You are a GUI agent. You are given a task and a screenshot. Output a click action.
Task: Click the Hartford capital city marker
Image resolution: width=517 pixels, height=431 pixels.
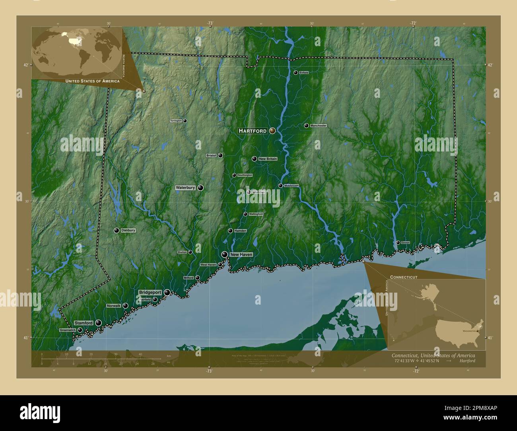[272, 130]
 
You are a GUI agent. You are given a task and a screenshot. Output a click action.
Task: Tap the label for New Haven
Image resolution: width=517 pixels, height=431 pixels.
[241, 254]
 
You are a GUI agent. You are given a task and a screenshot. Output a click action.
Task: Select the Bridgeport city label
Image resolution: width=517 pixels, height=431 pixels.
[150, 292]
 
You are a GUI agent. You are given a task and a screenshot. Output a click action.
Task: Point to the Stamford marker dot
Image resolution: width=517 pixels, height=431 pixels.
[98, 323]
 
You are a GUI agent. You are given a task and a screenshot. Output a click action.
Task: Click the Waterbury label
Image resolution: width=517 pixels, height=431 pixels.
[185, 187]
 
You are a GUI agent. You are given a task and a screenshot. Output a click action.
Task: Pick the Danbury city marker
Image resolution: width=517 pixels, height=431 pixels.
[117, 230]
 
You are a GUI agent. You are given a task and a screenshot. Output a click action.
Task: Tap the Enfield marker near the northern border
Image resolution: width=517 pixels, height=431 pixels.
[295, 72]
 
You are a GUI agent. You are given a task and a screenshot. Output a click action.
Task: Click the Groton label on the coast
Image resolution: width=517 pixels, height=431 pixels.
[405, 243]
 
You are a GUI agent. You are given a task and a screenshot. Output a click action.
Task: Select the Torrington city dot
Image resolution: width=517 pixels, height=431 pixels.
[185, 120]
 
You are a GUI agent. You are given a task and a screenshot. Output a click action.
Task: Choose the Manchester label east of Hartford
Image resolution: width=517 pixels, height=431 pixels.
[318, 126]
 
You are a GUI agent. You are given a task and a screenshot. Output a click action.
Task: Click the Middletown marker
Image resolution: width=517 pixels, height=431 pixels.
[280, 186]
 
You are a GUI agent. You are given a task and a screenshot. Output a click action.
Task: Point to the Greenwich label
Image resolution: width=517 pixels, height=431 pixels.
[68, 330]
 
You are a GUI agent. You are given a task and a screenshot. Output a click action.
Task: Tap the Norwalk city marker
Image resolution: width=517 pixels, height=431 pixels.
[125, 306]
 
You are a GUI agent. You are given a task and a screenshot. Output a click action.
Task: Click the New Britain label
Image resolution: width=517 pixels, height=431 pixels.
[268, 159]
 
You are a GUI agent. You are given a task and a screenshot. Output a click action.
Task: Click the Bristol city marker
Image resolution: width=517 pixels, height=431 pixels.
[220, 155]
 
